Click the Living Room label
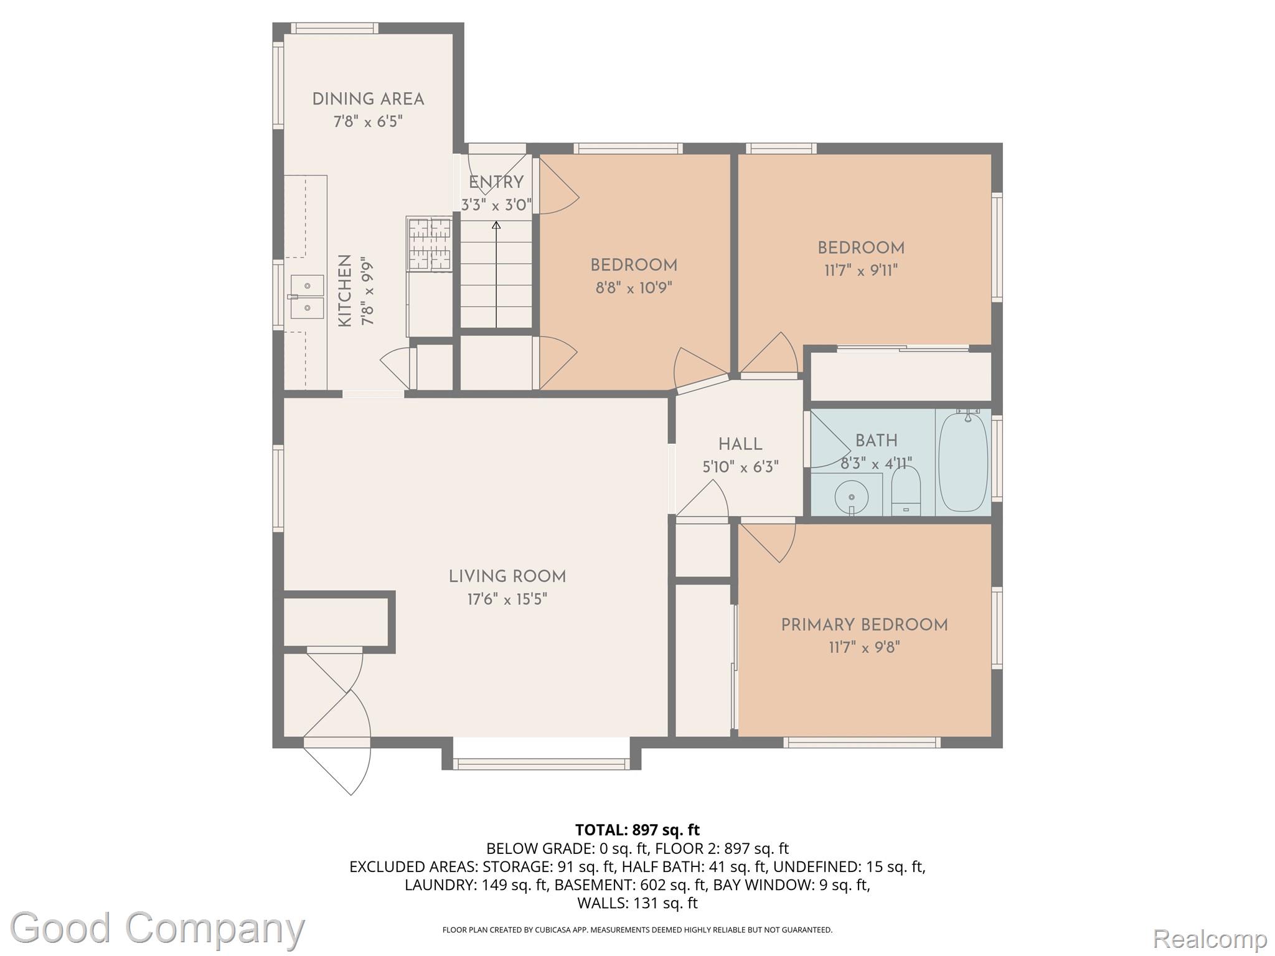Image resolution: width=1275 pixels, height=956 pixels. (507, 577)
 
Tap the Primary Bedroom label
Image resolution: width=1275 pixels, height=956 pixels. (864, 626)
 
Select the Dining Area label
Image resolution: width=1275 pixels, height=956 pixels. (368, 100)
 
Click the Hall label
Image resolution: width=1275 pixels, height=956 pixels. (740, 444)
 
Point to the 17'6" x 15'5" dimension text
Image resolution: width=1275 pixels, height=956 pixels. (507, 599)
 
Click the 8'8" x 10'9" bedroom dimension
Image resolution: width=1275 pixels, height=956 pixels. (634, 288)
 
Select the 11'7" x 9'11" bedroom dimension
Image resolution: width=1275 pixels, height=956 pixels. (861, 270)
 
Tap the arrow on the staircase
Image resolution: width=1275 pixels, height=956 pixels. (496, 274)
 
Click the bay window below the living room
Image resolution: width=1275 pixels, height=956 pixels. (541, 764)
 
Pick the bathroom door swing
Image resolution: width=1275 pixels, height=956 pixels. (830, 439)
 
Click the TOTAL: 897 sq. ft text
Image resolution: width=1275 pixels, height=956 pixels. (637, 830)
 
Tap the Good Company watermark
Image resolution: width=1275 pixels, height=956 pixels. (157, 928)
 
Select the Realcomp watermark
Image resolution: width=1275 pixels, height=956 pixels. (1210, 938)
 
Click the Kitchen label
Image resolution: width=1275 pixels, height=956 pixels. (344, 291)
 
